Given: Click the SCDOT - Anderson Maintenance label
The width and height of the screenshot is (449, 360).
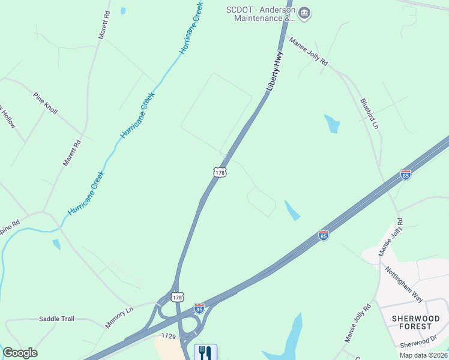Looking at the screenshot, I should pyautogui.click(x=259, y=14).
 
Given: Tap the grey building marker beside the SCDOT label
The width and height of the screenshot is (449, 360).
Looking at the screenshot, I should pyautogui.click(x=304, y=13).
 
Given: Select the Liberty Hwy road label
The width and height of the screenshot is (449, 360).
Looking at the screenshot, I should pyautogui.click(x=276, y=71).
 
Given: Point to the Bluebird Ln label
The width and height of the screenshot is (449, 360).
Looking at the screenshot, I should pyautogui.click(x=369, y=113).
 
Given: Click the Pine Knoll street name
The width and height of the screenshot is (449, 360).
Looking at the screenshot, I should pyautogui.click(x=45, y=103).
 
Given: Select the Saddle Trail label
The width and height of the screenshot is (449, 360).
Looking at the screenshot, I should pyautogui.click(x=56, y=319).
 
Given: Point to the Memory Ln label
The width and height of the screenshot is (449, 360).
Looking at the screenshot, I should pyautogui.click(x=119, y=317).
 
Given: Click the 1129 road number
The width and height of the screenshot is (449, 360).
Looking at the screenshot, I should pyautogui.click(x=168, y=338).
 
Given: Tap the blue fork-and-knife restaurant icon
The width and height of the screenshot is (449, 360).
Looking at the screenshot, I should pyautogui.click(x=205, y=352).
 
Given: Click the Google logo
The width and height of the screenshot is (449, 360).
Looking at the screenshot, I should pyautogui.click(x=20, y=353).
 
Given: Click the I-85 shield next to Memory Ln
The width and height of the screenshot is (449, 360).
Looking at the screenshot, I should pyautogui.click(x=199, y=308).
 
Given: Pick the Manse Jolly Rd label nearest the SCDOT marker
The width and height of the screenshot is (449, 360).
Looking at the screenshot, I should pyautogui.click(x=309, y=52).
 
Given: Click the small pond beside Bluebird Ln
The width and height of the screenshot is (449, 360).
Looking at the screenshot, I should pyautogui.click(x=332, y=123).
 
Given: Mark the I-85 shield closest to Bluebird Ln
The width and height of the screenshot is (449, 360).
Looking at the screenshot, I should pyautogui.click(x=406, y=175).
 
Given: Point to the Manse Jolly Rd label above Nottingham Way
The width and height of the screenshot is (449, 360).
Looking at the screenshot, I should pyautogui.click(x=391, y=238).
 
